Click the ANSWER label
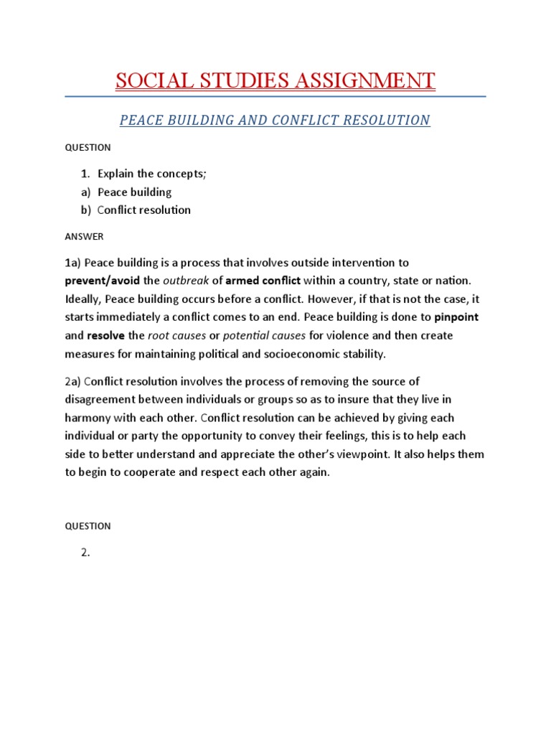click(84, 236)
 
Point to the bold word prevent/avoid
click(103, 281)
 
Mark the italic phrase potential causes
click(264, 335)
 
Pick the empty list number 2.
click(85, 553)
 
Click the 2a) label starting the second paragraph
click(74, 381)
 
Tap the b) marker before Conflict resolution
click(86, 210)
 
